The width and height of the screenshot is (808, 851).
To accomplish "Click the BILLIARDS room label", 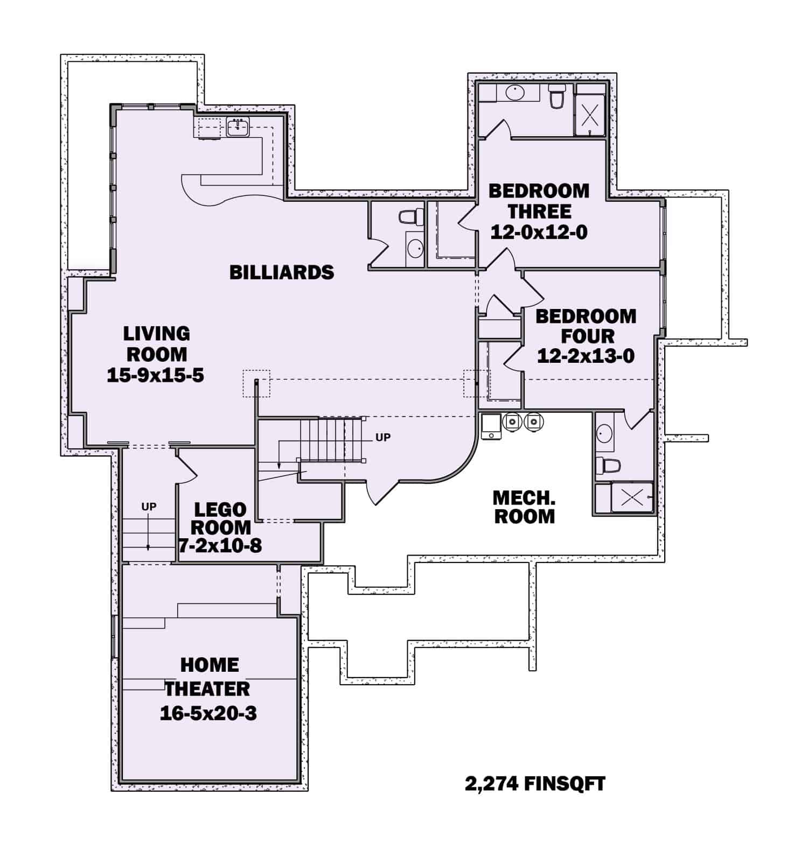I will tap(282, 272).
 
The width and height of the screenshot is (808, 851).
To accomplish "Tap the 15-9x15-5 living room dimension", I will tap(156, 375).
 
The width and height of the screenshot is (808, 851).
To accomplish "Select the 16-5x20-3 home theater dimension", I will tap(208, 713).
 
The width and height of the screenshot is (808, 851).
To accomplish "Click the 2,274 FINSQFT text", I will tap(535, 784).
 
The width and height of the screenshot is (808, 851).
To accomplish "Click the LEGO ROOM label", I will tap(220, 518).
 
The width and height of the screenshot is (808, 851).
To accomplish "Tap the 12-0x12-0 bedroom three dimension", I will tap(539, 232).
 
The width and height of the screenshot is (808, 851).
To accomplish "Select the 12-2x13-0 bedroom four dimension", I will tap(586, 356).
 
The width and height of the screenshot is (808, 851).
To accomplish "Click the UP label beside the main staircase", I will tap(383, 438).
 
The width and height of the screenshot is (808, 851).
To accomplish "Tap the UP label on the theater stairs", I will tap(149, 507).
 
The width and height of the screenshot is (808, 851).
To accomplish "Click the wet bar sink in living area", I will tap(238, 128).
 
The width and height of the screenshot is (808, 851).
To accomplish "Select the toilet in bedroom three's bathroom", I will tap(556, 97).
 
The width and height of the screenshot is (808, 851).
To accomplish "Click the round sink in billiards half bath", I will tap(415, 248).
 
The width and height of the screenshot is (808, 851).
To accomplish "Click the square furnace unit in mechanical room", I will tap(491, 426).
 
